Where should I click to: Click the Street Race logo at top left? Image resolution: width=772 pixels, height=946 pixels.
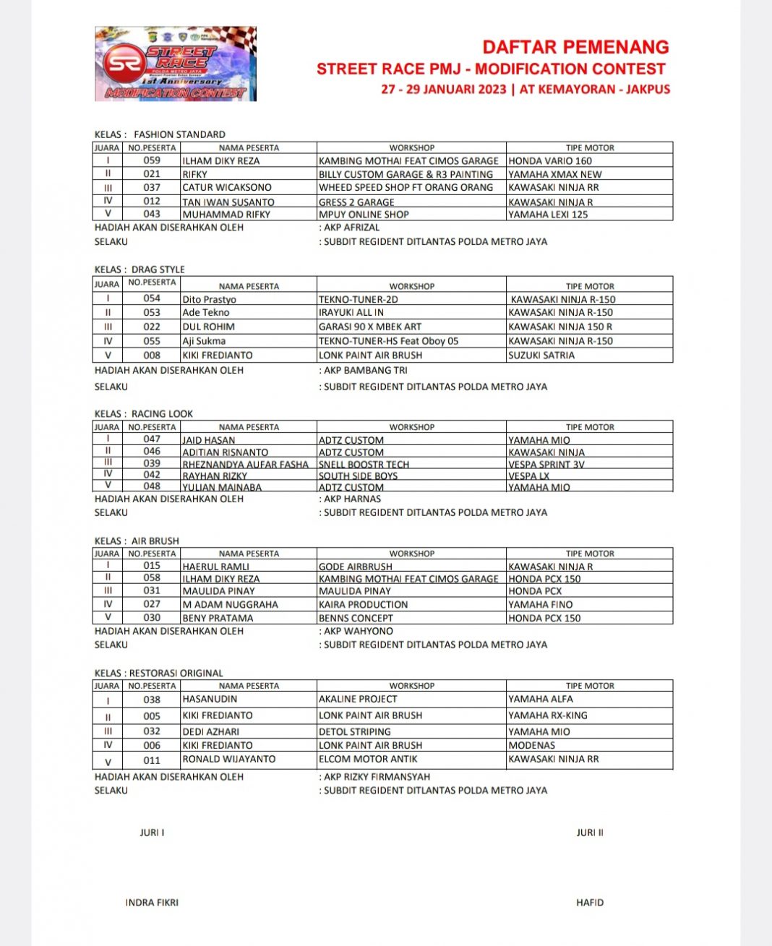176,64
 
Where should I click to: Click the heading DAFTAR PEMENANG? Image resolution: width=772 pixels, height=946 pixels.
575,48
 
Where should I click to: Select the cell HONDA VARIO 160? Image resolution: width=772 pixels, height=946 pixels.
550,161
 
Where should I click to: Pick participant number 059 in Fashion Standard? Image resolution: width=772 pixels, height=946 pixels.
152,160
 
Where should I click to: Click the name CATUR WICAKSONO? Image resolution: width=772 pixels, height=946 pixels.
227,188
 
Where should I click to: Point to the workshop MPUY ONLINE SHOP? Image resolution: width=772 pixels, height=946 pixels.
364,215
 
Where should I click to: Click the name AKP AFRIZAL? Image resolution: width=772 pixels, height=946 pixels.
351,228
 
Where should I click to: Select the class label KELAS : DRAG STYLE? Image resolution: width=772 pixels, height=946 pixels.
140,270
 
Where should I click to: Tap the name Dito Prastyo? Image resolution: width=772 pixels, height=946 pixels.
210,299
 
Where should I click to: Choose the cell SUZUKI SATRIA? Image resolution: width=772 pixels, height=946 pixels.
541,356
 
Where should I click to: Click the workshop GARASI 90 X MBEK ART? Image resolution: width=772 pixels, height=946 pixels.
370,327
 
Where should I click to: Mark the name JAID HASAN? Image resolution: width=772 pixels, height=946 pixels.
209,440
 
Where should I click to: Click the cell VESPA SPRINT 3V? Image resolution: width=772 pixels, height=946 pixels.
546,465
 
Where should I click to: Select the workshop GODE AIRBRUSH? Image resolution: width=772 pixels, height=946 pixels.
356,567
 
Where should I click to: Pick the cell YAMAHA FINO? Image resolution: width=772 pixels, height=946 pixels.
541,605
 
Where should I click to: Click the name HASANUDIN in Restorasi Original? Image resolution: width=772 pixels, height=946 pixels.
210,700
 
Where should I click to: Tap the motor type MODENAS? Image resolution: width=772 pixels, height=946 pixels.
532,745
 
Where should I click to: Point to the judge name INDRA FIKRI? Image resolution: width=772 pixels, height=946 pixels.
152,903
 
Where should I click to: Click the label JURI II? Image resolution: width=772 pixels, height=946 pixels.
590,833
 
